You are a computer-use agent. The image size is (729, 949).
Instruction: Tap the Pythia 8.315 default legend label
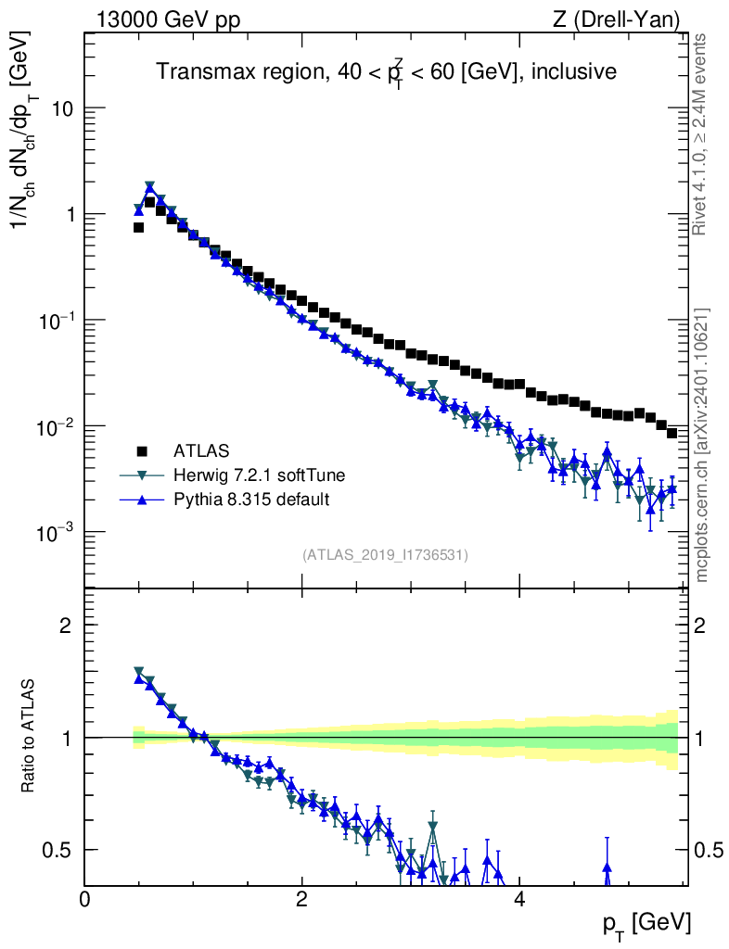pos(251,500)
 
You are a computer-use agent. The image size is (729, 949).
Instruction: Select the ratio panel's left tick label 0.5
pos(59,850)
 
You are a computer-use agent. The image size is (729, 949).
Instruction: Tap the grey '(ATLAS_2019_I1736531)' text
pos(385,555)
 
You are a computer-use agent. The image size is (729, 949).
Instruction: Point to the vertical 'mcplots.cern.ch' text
pos(702,445)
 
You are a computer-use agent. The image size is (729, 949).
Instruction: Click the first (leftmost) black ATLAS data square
pos(138,227)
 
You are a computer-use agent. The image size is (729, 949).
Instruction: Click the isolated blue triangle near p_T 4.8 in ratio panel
pos(607,867)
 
